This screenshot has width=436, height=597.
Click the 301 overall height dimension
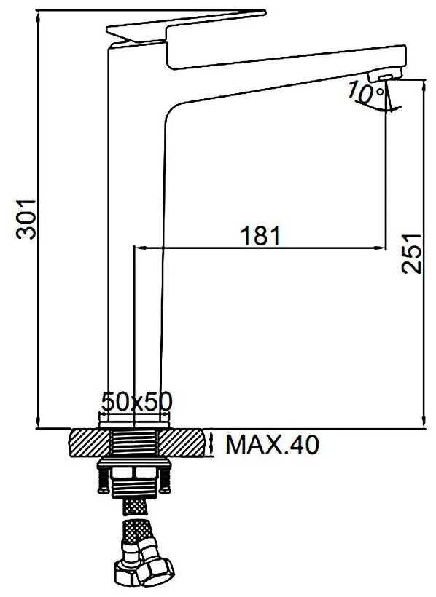click(x=26, y=218)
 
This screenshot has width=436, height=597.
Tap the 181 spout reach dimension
click(x=260, y=235)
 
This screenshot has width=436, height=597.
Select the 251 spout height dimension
click(x=411, y=253)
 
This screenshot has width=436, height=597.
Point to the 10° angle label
click(x=366, y=92)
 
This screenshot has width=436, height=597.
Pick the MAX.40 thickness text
click(x=272, y=444)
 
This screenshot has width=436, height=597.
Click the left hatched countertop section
click(x=90, y=443)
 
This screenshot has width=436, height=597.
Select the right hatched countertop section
click(x=182, y=443)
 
